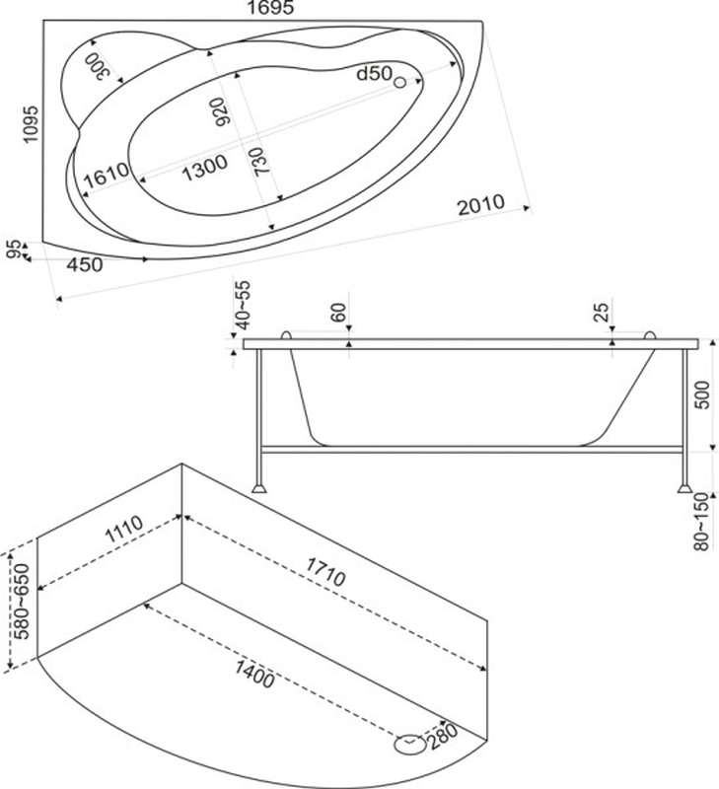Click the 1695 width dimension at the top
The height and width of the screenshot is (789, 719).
pos(270,8)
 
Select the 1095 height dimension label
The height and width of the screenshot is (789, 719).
pos(31,124)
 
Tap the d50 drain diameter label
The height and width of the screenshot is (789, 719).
pos(374,74)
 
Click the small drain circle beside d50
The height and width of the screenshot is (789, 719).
pos(400,83)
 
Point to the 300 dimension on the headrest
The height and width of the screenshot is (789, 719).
pos(97,65)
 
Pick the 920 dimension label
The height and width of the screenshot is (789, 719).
pos(221,111)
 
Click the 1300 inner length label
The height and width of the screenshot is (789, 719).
pos(204,168)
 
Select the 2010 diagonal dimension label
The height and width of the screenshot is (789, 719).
pos(480,204)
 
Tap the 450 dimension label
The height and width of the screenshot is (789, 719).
pos(85,264)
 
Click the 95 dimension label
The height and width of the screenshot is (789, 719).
pos(15,250)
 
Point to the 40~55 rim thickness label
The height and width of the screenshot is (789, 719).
pos(242,306)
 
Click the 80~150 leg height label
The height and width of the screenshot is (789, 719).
pos(701,523)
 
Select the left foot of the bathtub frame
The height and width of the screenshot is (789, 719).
pos(258,488)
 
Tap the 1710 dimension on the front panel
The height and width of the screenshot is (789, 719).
pos(325,572)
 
